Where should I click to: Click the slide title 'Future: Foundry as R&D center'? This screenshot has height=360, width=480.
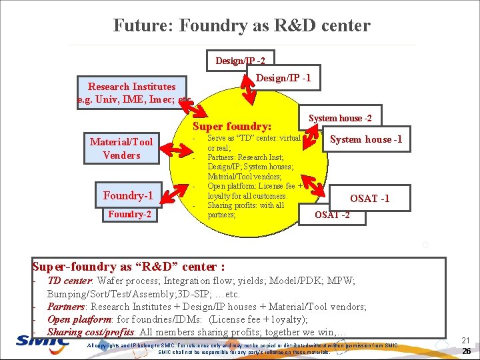[x=241, y=26]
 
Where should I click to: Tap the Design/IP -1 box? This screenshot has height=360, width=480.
[x=283, y=78]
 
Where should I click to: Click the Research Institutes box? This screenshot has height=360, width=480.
[x=132, y=93]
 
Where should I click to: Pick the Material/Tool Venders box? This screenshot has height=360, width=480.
[x=121, y=148]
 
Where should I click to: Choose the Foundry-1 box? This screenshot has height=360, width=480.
[x=128, y=195]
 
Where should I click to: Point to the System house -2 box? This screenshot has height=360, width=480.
[x=340, y=118]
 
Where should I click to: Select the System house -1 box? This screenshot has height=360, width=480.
[x=366, y=139]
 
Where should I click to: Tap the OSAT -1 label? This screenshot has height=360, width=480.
[x=369, y=199]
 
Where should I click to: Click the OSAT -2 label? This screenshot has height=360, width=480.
[x=331, y=214]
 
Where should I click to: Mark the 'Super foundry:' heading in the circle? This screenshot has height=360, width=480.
[x=232, y=126]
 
